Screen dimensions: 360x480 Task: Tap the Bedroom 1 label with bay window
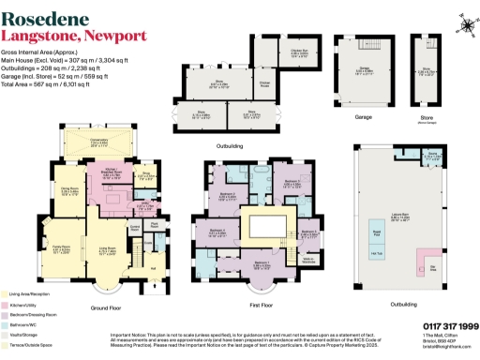coord(262,264)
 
